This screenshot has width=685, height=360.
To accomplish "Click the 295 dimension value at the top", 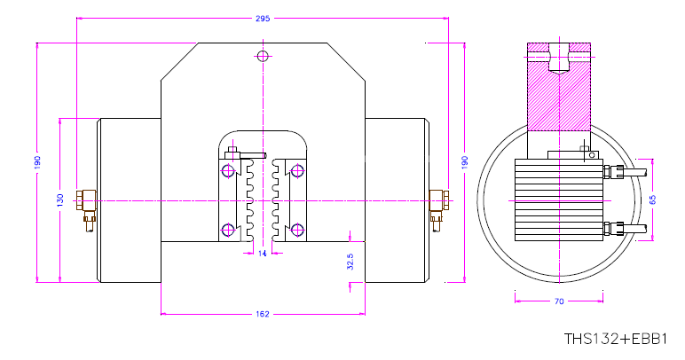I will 262,18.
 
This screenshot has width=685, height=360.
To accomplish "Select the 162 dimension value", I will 262,314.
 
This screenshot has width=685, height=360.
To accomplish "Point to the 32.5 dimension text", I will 350,262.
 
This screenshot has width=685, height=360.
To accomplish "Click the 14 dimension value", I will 262,254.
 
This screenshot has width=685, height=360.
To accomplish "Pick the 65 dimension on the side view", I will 653,200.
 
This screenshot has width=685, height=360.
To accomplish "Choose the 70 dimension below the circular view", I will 559,301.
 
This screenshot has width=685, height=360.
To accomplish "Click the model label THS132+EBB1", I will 620,340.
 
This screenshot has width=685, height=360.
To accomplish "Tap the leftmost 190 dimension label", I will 37,161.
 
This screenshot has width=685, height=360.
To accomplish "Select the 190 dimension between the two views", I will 464,161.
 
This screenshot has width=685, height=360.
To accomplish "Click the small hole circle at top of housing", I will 262,57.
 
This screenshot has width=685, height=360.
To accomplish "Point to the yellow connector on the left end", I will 88,203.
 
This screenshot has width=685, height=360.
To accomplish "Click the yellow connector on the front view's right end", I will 437,203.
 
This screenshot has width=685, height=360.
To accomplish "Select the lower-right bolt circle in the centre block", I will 296,230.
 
